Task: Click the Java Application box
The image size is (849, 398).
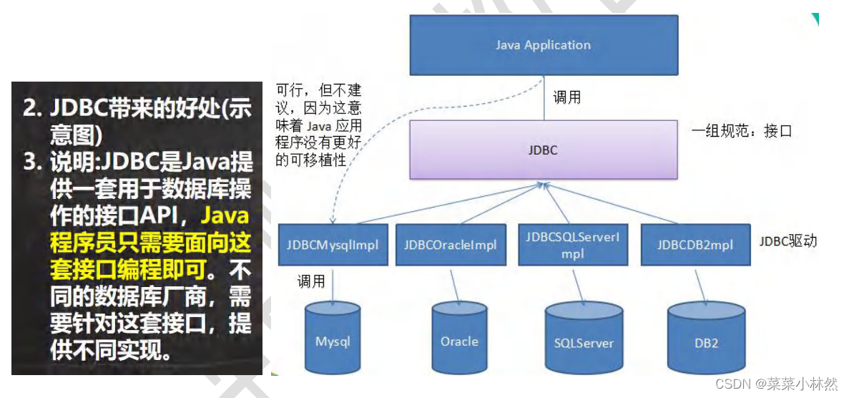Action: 544,45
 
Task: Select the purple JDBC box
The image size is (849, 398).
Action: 544,150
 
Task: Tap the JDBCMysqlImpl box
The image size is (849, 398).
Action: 333,244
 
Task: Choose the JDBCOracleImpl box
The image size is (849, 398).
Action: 450,244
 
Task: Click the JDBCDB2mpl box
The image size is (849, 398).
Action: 695,244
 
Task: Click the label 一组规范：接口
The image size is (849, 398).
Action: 741,131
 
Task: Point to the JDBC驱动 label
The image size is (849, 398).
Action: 787,241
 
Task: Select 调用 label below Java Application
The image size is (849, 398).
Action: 567,97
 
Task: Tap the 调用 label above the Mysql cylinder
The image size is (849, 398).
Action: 312,282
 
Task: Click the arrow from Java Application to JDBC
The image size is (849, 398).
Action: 544,97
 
